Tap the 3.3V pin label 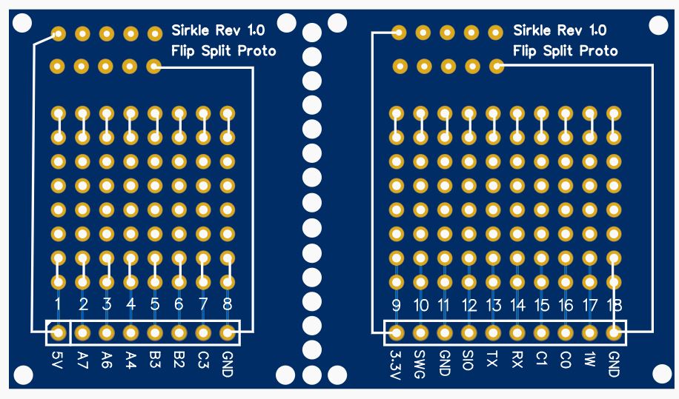click(x=397, y=363)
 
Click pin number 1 click(x=59, y=304)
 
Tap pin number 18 click(x=614, y=305)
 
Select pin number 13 click(x=493, y=305)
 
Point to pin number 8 click(x=228, y=304)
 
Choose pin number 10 click(x=420, y=305)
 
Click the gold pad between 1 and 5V click(x=59, y=333)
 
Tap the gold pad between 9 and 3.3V click(x=397, y=333)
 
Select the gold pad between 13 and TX click(x=493, y=333)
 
